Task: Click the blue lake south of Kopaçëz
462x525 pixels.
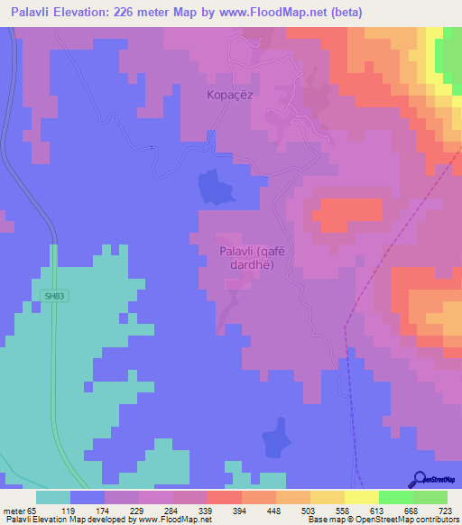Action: [x=215, y=187]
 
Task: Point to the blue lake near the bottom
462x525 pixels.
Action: [x=275, y=440]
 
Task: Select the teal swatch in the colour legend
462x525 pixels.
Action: [x=53, y=497]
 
